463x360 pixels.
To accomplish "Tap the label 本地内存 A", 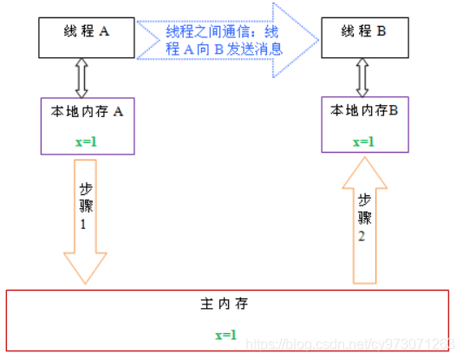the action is coord(87,112).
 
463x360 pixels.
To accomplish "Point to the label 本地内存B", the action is coord(364,110).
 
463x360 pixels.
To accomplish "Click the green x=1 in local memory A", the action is coord(86,142).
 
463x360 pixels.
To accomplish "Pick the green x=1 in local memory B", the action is coord(363,142).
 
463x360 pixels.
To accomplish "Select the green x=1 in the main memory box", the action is coord(226,335).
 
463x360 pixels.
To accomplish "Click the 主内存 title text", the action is coord(225,304).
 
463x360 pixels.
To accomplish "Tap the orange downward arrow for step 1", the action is coord(85,221).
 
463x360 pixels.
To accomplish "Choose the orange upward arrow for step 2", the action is coord(365,220).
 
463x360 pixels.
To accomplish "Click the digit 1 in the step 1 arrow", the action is coord(83,225).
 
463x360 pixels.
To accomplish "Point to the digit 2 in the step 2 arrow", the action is coord(362,236).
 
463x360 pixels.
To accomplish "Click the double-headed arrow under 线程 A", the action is coord(82,78).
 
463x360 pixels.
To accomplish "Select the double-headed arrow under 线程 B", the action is coord(362,78).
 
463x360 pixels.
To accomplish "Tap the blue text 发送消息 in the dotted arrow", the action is coord(255,49).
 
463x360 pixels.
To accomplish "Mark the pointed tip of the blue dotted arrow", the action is coord(319,40).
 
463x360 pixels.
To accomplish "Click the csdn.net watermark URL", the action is coord(350,344).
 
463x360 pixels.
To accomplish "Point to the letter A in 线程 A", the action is coord(104,31).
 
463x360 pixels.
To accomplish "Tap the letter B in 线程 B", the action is coord(381,31).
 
